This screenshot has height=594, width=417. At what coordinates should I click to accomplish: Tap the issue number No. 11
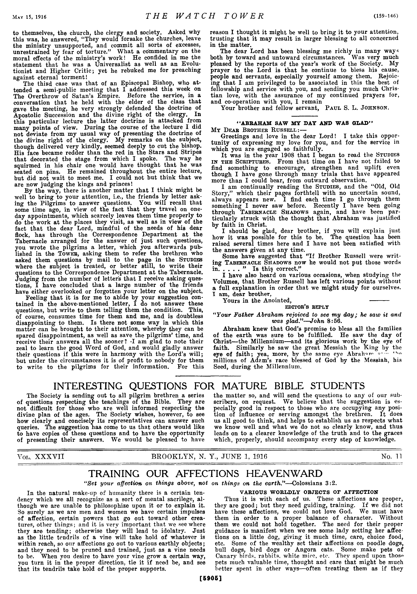pos(391,456)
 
